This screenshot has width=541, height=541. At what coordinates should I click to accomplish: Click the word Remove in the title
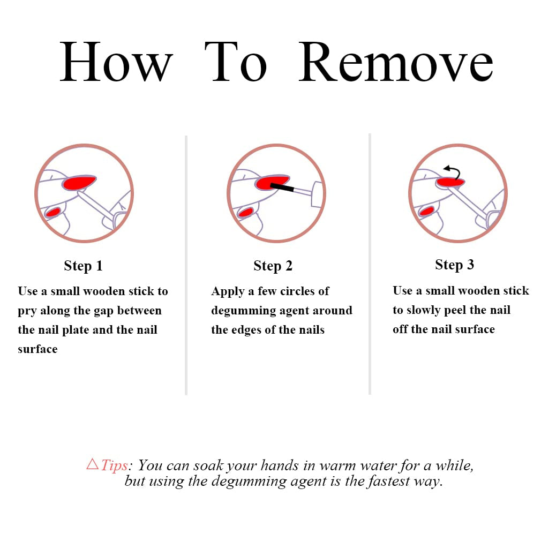point(396,62)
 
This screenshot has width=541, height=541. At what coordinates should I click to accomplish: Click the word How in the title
point(116,62)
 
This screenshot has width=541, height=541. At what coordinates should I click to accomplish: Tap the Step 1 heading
point(83,266)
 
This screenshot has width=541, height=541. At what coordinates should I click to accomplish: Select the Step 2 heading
point(273,266)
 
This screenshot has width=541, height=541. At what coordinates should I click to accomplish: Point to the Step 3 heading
point(454,265)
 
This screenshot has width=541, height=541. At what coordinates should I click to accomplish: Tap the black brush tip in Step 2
point(282,187)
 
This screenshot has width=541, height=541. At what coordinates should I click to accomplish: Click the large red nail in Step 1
point(79,183)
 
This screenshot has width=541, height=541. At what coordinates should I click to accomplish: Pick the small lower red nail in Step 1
point(54,212)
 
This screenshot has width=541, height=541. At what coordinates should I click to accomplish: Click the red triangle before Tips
point(93,464)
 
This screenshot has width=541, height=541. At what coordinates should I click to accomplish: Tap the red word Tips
point(115,465)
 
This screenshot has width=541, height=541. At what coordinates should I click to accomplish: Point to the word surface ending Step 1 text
point(37,349)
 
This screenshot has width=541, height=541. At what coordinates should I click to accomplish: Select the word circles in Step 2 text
point(297,291)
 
